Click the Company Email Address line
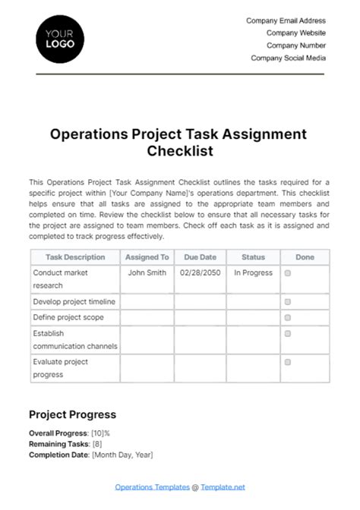pos(286,21)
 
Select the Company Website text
pos(296,33)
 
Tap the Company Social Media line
pos(289,58)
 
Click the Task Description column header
pos(75,257)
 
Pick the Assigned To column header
pos(147,257)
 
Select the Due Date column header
pos(201,257)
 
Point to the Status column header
pos(253,257)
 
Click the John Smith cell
pos(147,273)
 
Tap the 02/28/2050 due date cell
pos(201,273)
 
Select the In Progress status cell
pos(253,273)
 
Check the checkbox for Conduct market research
pos(287,273)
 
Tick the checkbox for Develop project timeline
pos(287,301)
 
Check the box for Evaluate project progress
pos(287,362)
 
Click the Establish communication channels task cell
pos(75,340)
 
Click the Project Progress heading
pos(72,414)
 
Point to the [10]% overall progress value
pos(106,433)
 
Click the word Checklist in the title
pos(180,151)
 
